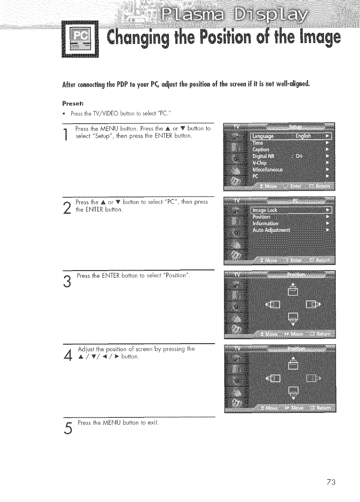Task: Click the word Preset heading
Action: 70,103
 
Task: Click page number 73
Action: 331,482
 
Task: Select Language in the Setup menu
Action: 263,136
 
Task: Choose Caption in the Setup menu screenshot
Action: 261,149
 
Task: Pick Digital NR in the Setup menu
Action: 263,156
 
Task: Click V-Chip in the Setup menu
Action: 259,163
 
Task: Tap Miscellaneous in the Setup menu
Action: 267,170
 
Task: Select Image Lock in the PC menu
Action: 265,210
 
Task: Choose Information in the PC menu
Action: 265,224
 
